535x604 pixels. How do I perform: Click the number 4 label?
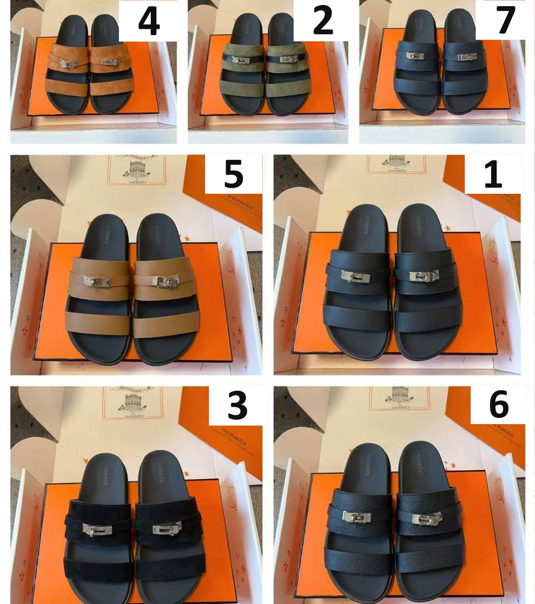[149, 21]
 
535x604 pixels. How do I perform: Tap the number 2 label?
[323, 21]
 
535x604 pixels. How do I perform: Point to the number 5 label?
[234, 174]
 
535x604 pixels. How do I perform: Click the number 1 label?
[493, 174]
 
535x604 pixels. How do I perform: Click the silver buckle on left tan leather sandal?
[96, 282]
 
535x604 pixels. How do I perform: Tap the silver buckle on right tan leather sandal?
[166, 281]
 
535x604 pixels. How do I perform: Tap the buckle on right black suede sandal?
[167, 529]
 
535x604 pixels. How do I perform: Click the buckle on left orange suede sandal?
[69, 64]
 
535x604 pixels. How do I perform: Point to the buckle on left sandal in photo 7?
[415, 56]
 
